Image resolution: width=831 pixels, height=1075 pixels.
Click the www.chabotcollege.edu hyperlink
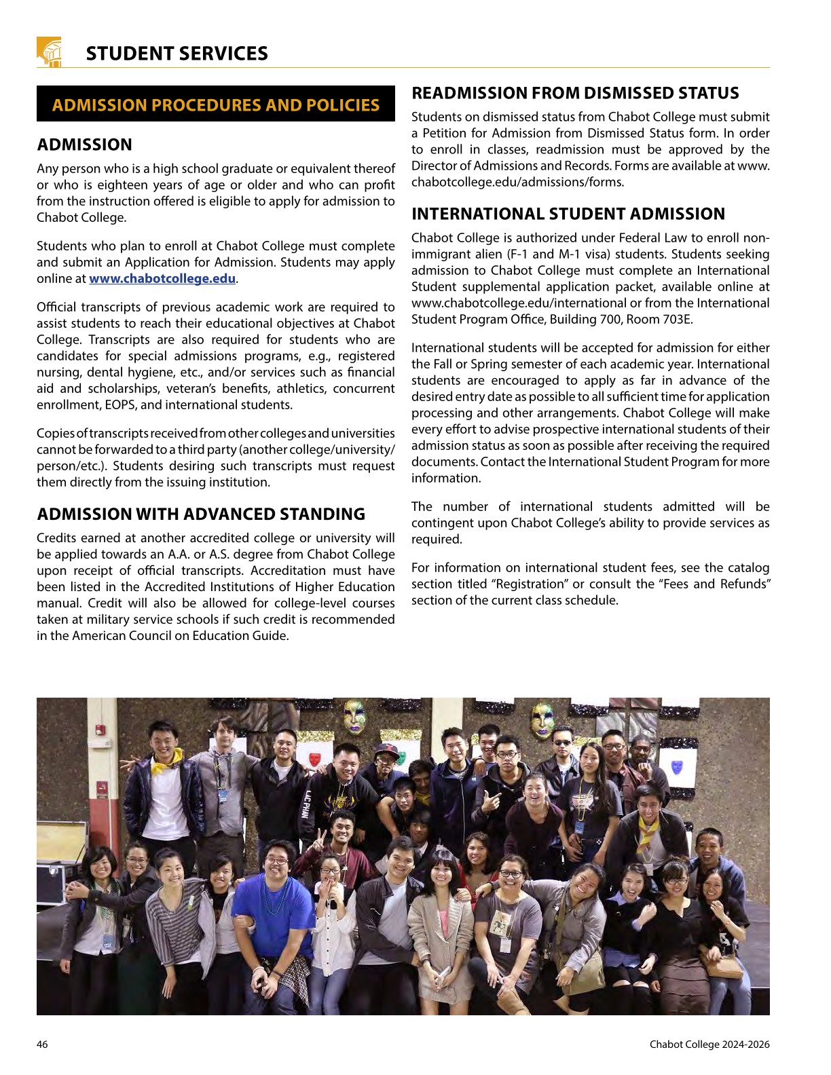[x=162, y=279]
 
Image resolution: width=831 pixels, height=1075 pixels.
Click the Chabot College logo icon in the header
[x=49, y=52]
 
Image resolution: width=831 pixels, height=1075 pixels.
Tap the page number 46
[x=42, y=1044]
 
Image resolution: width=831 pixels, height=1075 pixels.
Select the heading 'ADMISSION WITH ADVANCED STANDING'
[x=201, y=514]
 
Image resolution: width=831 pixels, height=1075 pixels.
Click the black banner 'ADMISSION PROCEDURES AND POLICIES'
[x=216, y=105]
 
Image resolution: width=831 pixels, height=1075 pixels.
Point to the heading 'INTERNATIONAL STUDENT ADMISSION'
[x=568, y=214]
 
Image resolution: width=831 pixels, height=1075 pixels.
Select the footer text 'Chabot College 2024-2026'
[x=709, y=1044]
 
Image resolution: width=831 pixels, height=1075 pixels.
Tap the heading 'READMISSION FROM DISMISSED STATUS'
[x=575, y=93]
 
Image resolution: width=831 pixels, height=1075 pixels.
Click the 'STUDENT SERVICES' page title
[x=177, y=54]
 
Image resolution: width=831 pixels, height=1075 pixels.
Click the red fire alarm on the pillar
[x=100, y=730]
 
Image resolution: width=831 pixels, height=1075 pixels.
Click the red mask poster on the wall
[x=315, y=758]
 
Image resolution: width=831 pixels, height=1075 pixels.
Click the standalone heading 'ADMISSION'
[x=85, y=145]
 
